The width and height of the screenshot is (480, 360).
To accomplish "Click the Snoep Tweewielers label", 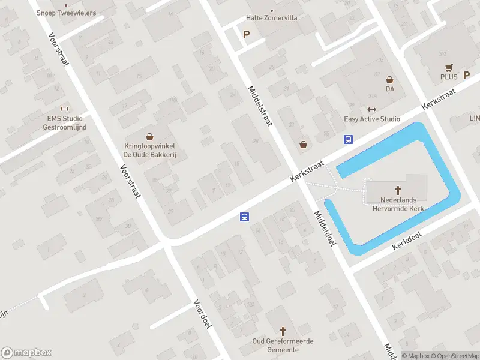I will [x=67, y=12].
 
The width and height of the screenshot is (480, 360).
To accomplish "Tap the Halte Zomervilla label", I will [x=271, y=18].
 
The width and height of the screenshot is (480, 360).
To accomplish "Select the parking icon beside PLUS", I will [x=466, y=76].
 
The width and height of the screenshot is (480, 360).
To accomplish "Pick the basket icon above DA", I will [x=389, y=79].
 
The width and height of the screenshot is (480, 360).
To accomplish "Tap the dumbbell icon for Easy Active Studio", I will [x=371, y=110].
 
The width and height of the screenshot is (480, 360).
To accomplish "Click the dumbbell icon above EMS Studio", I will [x=65, y=109].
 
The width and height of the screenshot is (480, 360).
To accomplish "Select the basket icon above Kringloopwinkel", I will [x=149, y=137].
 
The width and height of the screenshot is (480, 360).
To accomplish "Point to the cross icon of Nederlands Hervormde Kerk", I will [x=397, y=190].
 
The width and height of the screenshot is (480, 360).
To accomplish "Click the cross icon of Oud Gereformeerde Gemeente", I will [x=283, y=331].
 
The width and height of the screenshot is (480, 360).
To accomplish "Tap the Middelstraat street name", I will [x=260, y=105].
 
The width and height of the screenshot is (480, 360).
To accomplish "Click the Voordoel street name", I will [x=203, y=314].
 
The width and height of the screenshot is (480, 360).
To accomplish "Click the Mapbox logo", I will [x=26, y=353].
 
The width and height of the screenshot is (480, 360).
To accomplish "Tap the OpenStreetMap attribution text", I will [x=454, y=356].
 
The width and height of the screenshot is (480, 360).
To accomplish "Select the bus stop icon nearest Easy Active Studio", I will [x=348, y=140].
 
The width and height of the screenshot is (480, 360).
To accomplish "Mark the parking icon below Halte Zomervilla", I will [x=246, y=34].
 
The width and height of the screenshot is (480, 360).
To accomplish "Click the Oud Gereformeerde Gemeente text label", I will [x=283, y=346].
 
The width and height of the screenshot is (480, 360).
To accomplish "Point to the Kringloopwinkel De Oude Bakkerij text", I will [x=149, y=150].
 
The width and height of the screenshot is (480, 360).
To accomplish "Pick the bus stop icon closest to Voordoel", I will [x=245, y=217].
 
